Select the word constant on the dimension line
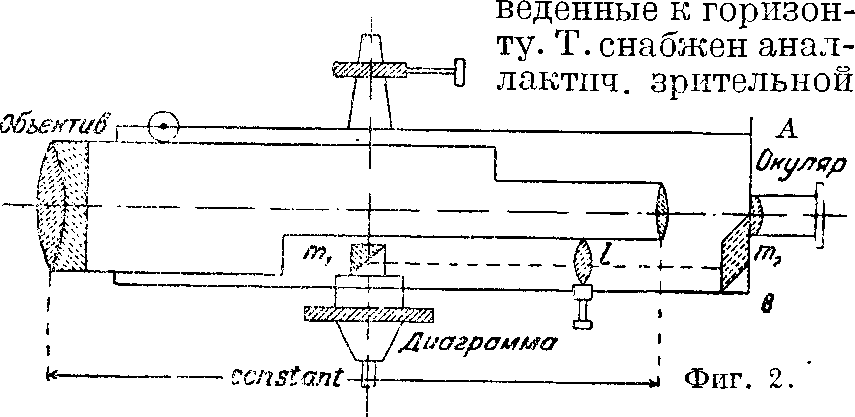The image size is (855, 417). [286, 379]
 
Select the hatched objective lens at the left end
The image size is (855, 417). [62, 206]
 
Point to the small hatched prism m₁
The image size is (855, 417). [368, 258]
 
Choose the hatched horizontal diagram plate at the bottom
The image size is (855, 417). [368, 314]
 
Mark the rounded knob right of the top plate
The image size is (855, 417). [460, 72]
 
